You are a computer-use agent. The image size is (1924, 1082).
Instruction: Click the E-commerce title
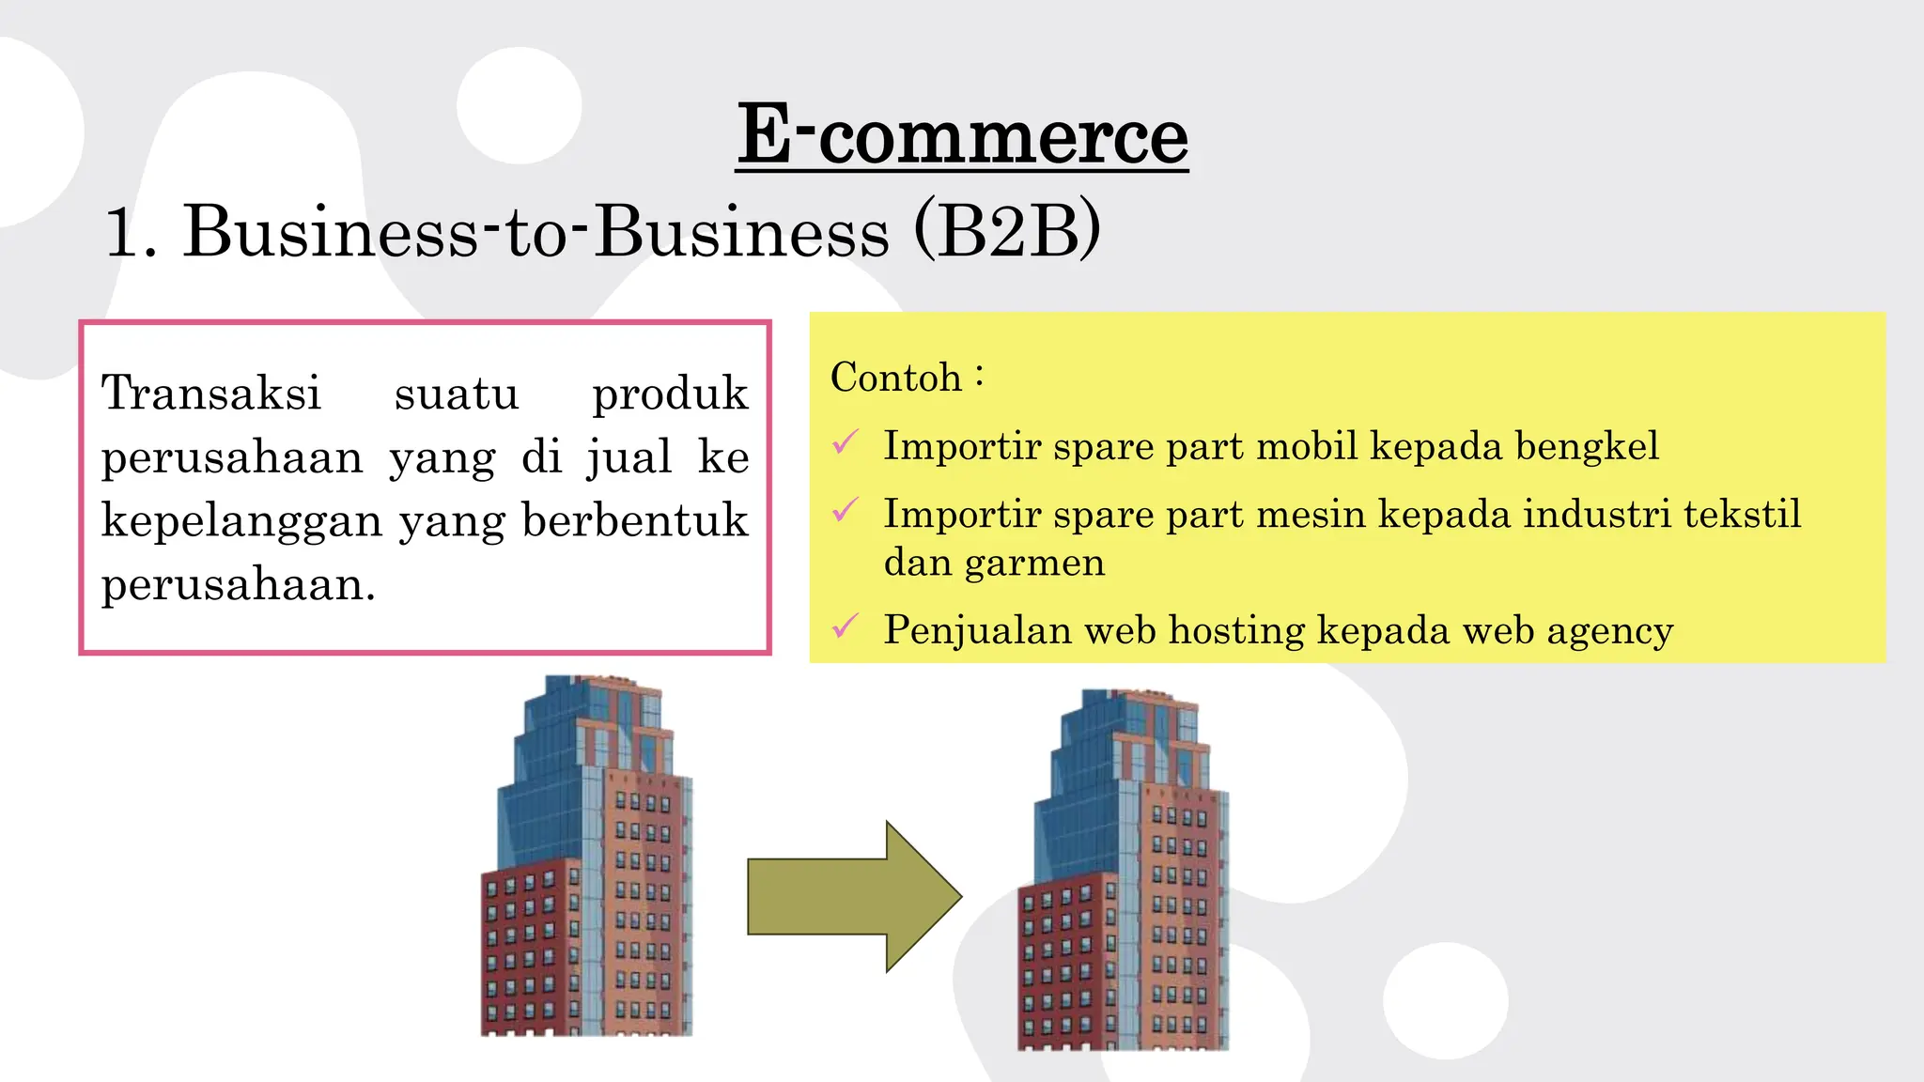coord(962,136)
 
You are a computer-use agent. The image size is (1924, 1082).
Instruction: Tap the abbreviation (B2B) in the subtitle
coord(1006,231)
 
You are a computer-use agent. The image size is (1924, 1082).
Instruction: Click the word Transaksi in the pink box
coord(211,393)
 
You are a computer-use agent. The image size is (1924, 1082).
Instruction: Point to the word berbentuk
coord(634,520)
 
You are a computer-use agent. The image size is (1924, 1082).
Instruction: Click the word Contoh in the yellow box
coord(895,378)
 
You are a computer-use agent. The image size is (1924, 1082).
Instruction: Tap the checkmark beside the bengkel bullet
coord(846,442)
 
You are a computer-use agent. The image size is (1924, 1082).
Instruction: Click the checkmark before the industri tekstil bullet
coord(846,511)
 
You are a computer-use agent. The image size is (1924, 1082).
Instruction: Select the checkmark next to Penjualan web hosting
coord(846,626)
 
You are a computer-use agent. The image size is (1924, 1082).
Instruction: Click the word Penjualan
coord(977,630)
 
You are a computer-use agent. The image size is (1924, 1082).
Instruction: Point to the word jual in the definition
coord(629,458)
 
